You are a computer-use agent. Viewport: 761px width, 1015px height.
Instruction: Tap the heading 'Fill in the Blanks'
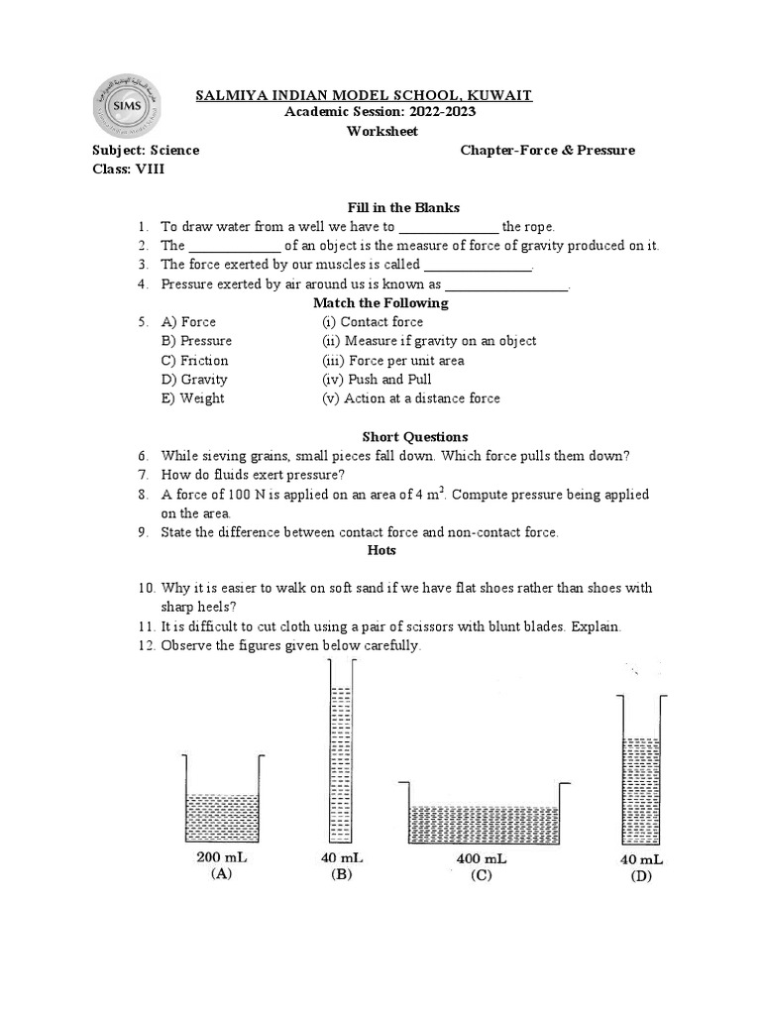click(x=403, y=207)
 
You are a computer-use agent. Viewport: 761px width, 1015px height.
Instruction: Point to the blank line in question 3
click(x=478, y=266)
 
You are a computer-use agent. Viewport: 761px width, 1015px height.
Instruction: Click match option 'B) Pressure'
click(x=196, y=341)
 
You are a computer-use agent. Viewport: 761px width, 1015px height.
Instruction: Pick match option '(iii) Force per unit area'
click(x=392, y=361)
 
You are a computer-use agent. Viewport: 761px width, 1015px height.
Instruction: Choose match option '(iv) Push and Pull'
click(x=377, y=380)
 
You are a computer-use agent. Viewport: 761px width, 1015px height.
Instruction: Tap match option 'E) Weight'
click(x=192, y=398)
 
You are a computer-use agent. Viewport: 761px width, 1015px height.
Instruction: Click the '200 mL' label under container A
click(x=221, y=857)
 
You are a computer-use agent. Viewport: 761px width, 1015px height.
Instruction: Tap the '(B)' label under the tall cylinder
click(x=342, y=875)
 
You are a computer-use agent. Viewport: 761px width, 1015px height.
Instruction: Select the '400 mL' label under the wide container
click(x=482, y=858)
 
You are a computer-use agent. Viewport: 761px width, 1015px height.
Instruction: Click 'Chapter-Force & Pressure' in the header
click(x=547, y=151)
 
